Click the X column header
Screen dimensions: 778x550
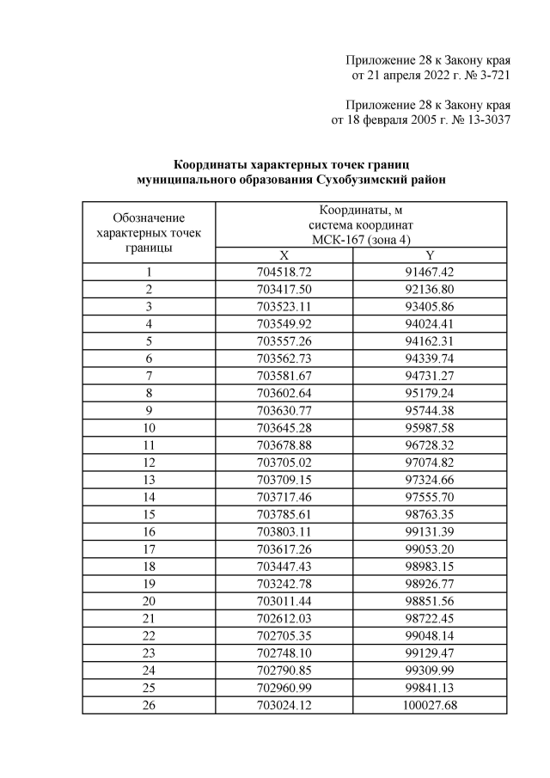click(x=284, y=256)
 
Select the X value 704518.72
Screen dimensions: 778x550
click(x=284, y=272)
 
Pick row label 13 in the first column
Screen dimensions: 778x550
click(x=149, y=480)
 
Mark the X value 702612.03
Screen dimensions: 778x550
click(x=284, y=619)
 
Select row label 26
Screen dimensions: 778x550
click(x=149, y=706)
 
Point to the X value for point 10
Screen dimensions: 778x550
click(x=284, y=428)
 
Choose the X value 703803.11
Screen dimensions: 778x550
click(x=284, y=532)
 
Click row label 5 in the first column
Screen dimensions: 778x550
click(x=149, y=341)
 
